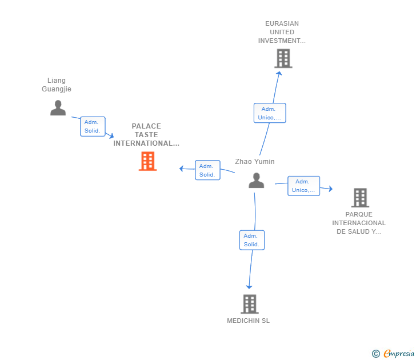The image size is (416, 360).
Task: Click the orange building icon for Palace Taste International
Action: [x=147, y=161]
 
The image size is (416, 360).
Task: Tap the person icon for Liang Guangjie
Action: [x=58, y=107]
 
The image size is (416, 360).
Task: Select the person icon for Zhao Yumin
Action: [x=257, y=181]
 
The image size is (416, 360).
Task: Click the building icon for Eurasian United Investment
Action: [x=283, y=58]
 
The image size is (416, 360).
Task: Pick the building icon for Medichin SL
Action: [x=249, y=304]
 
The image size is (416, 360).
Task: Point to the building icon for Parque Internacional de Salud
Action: [x=359, y=198]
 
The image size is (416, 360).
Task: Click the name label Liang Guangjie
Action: [x=57, y=85]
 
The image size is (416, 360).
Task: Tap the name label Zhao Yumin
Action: [x=255, y=162]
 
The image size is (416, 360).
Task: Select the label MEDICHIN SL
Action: [x=248, y=321]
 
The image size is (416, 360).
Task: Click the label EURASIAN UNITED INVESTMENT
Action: [x=282, y=32]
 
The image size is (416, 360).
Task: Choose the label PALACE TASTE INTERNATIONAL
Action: [x=146, y=135]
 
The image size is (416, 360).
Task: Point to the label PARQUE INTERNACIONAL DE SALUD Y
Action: [x=359, y=223]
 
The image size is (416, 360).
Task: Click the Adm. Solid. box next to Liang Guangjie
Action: [x=93, y=126]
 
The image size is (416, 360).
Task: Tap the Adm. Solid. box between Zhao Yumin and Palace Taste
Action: [x=207, y=170]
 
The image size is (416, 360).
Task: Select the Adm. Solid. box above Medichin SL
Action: [x=252, y=240]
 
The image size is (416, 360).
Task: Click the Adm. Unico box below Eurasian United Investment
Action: [x=270, y=113]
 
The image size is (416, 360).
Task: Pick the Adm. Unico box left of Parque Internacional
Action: [x=303, y=186]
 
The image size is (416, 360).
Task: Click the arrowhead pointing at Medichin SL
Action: [x=249, y=286]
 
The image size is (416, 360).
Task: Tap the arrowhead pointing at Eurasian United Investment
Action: [x=278, y=73]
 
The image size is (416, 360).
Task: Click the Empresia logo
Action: [x=393, y=354]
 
